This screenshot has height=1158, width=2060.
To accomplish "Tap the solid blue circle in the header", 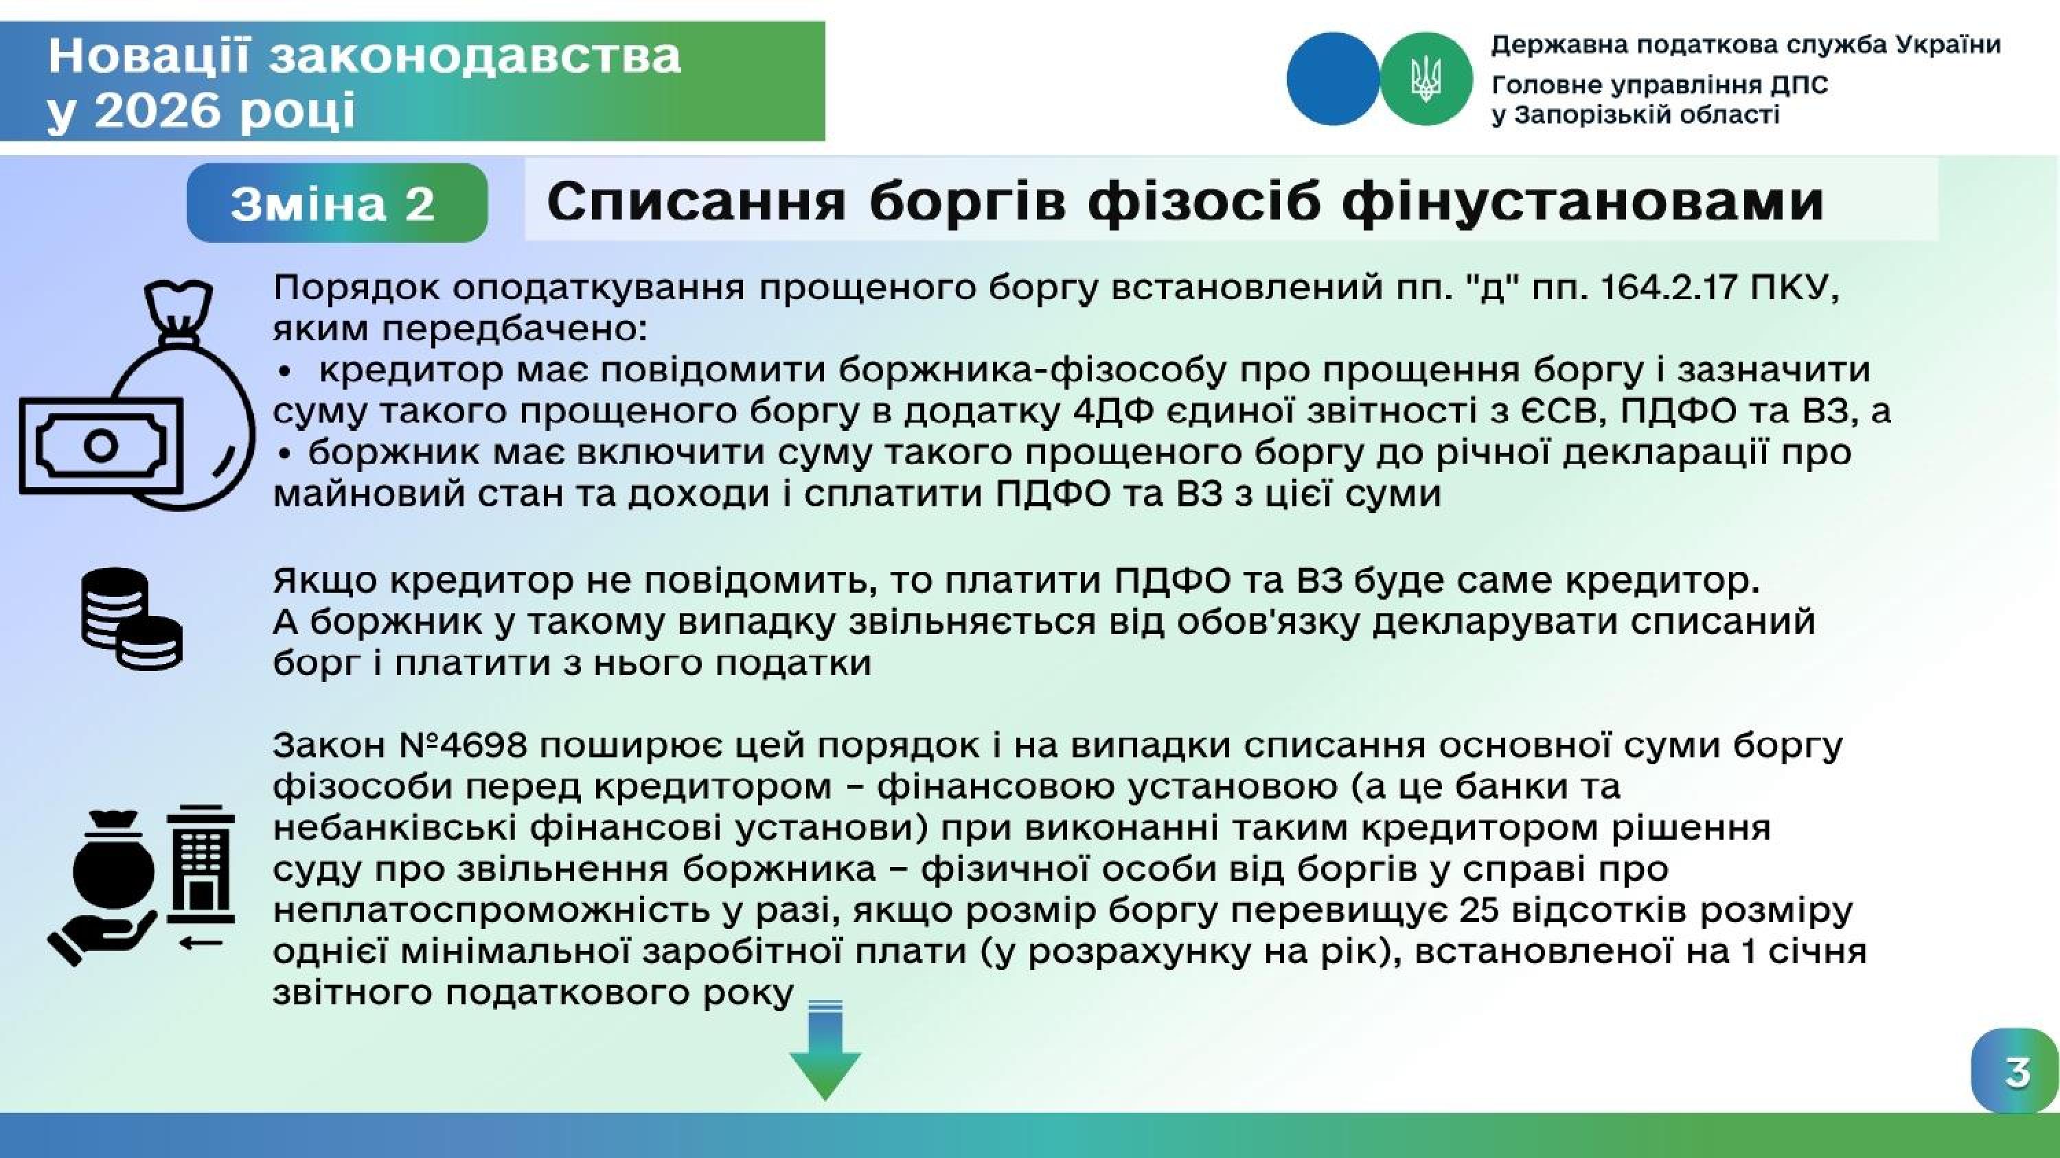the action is click(1332, 78).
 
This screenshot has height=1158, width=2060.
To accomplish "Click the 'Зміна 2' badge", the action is click(336, 203).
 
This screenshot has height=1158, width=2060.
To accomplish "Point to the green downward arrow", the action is click(825, 1050).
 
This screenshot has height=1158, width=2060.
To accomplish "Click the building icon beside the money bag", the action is click(200, 863).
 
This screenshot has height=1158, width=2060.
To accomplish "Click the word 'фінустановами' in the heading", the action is click(1583, 202).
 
